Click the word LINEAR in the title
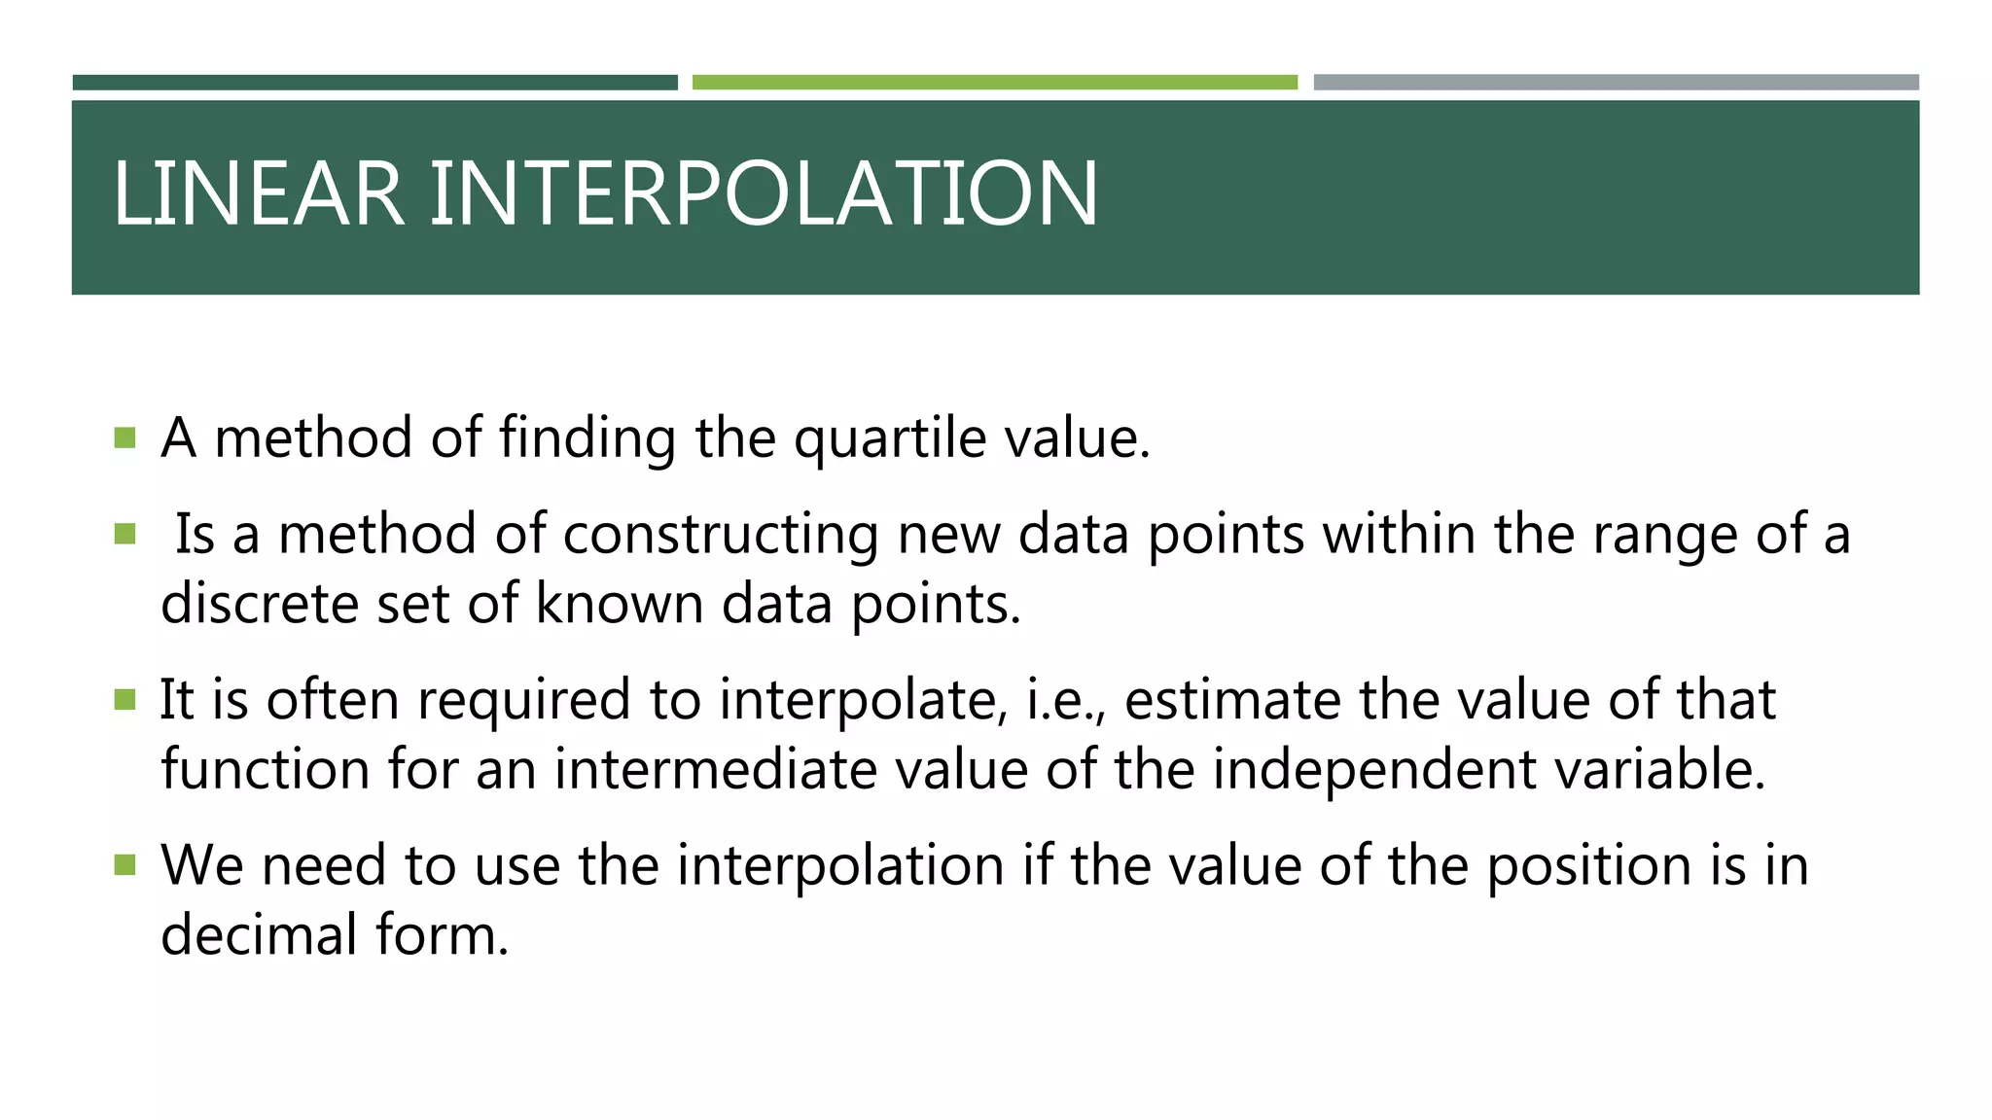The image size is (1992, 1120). [258, 194]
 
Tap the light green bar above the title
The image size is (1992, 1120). [994, 83]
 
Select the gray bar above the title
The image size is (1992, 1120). [1616, 83]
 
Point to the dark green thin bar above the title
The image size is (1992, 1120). [374, 83]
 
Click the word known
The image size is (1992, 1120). [619, 604]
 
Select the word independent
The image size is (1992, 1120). [1373, 770]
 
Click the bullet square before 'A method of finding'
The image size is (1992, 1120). [124, 437]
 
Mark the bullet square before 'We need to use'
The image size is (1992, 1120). [124, 864]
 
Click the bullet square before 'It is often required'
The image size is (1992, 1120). [124, 699]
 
